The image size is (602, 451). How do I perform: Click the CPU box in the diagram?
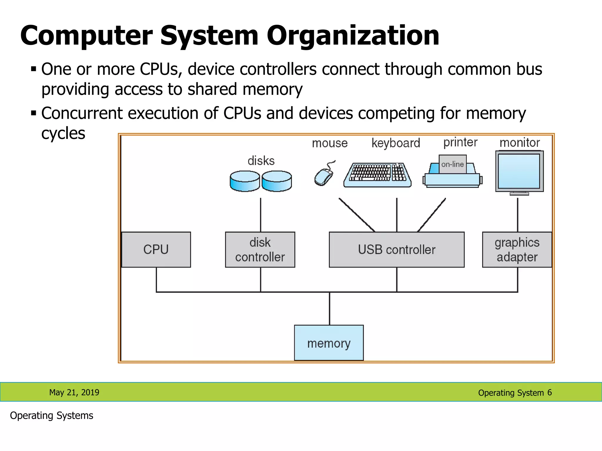[156, 250]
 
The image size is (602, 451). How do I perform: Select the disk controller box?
[260, 250]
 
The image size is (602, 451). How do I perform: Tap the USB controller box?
[397, 250]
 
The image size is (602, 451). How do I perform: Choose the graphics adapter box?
[517, 250]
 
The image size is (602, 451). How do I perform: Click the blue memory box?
[329, 343]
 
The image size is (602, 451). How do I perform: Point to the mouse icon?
[324, 174]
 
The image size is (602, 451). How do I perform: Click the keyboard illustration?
[378, 175]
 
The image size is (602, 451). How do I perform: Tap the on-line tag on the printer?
[453, 164]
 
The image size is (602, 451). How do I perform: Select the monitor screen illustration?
[519, 173]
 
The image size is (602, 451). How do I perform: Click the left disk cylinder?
[245, 181]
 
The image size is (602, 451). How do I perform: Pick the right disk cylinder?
[277, 181]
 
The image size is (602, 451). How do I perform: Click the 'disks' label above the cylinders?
[261, 161]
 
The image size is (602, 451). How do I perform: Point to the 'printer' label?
[461, 143]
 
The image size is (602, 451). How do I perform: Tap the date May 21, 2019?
[74, 393]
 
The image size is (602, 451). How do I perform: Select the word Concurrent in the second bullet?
[82, 113]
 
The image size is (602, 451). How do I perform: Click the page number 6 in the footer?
[549, 393]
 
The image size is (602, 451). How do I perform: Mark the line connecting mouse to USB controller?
[357, 215]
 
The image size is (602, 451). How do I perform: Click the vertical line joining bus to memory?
[330, 309]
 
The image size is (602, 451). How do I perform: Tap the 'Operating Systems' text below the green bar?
[51, 416]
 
